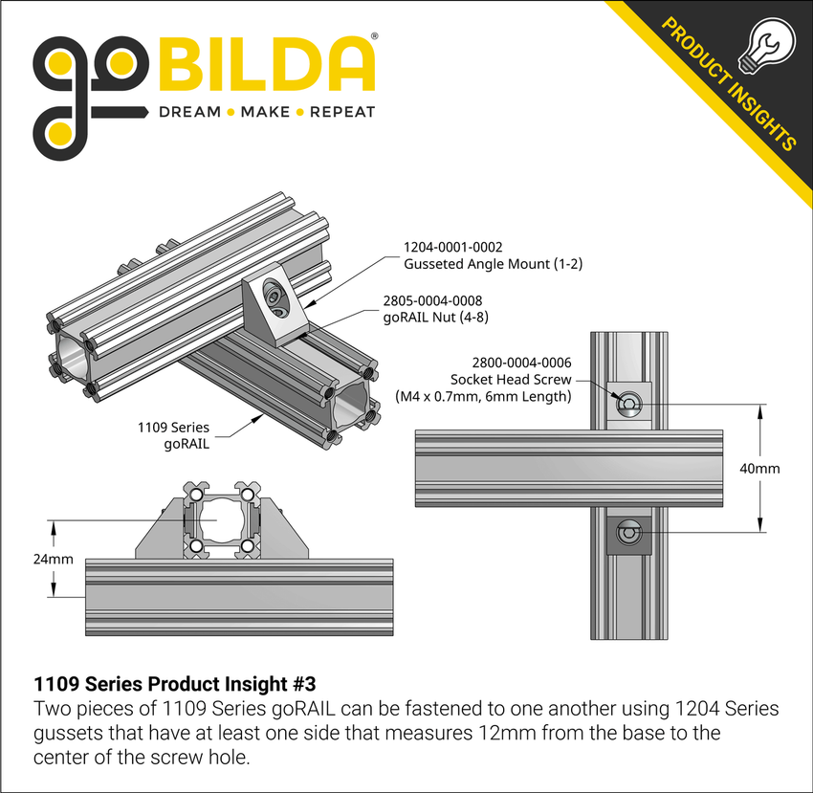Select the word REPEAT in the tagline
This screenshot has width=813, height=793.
pyautogui.click(x=341, y=112)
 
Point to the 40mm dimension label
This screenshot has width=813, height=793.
pyautogui.click(x=761, y=469)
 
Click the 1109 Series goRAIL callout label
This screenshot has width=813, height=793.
pyautogui.click(x=176, y=435)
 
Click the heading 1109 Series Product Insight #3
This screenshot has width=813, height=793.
pyautogui.click(x=174, y=685)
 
